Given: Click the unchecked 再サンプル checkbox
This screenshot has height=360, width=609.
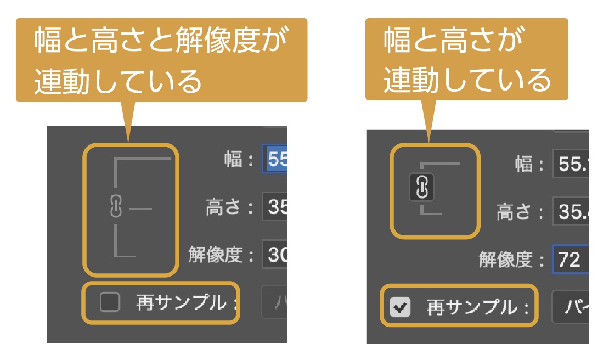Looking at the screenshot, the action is click(x=110, y=302).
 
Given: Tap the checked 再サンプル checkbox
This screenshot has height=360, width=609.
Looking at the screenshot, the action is click(x=400, y=307).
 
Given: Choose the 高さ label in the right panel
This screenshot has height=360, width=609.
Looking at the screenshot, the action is click(x=514, y=211).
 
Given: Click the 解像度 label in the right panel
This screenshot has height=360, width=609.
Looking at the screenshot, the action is click(x=505, y=259).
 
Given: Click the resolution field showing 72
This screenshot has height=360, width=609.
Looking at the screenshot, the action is click(x=571, y=259).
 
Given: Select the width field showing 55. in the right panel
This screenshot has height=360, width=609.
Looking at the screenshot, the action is click(x=571, y=164).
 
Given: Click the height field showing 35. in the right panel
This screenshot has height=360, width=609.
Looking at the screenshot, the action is click(x=571, y=211).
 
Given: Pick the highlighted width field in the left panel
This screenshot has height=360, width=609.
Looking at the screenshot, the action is click(x=275, y=159).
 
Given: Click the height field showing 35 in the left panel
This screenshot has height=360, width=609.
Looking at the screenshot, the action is click(x=275, y=207).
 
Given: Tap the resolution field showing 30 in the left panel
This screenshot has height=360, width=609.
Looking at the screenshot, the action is click(x=275, y=255).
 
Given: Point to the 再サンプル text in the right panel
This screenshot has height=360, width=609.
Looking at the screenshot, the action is click(x=472, y=307).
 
